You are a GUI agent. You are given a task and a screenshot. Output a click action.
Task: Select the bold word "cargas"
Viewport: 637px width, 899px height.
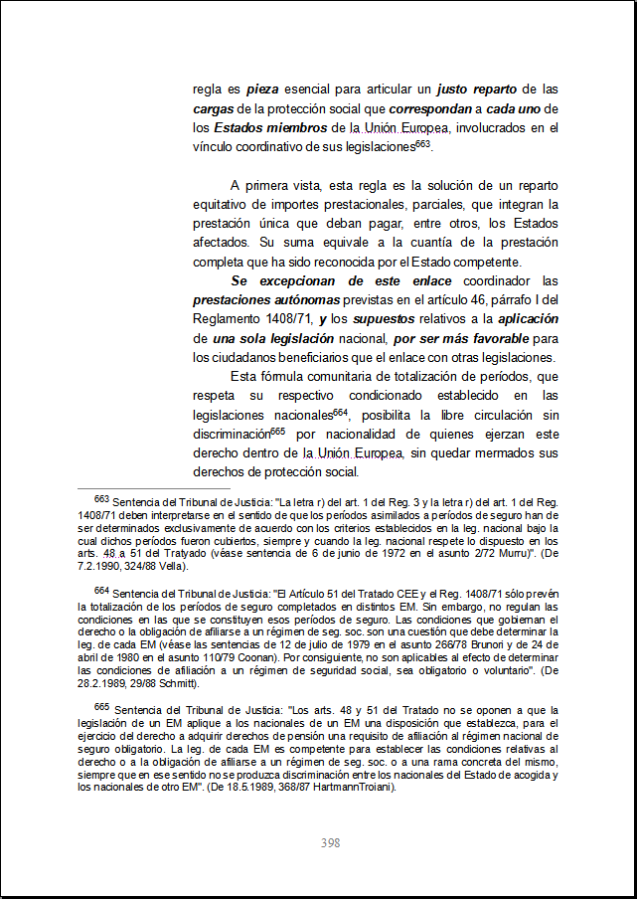(214, 108)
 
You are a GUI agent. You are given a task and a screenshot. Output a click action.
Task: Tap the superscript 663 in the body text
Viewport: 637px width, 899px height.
(423, 143)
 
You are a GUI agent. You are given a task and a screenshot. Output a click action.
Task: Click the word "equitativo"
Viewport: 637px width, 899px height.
(225, 204)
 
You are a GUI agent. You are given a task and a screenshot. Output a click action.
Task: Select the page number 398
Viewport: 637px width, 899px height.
(330, 843)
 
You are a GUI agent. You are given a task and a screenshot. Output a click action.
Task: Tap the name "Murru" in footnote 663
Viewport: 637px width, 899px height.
(503, 554)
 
